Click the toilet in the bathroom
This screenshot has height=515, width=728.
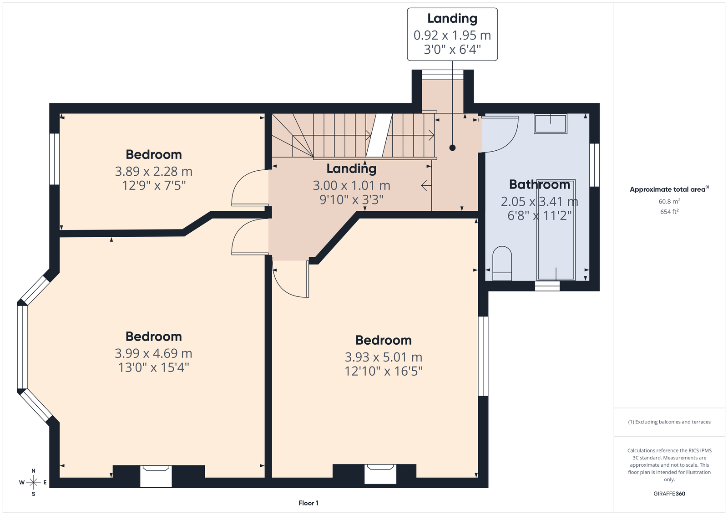click(x=502, y=263)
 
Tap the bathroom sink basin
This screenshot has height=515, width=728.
click(x=551, y=123)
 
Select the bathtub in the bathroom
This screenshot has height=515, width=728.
click(x=556, y=229)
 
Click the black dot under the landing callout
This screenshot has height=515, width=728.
click(x=452, y=148)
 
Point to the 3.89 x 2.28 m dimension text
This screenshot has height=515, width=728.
click(x=154, y=171)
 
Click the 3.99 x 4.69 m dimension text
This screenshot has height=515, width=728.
click(x=153, y=353)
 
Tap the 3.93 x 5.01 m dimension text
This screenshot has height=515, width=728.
click(x=384, y=357)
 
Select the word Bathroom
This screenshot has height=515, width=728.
click(x=540, y=184)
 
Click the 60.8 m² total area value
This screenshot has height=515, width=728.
click(x=669, y=201)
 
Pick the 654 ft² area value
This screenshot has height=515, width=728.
click(x=669, y=212)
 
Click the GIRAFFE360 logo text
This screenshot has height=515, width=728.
click(x=669, y=494)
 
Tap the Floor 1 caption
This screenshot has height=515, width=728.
click(x=308, y=503)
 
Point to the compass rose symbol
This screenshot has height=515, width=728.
click(x=34, y=482)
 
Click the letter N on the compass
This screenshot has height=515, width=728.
click(x=34, y=471)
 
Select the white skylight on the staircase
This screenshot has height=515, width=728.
click(x=379, y=135)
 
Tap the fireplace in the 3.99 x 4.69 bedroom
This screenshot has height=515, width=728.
click(x=156, y=476)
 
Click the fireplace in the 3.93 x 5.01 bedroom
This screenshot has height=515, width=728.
click(x=380, y=474)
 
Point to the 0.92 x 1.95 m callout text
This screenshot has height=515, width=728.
click(x=452, y=35)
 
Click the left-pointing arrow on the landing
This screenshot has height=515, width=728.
click(x=426, y=186)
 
